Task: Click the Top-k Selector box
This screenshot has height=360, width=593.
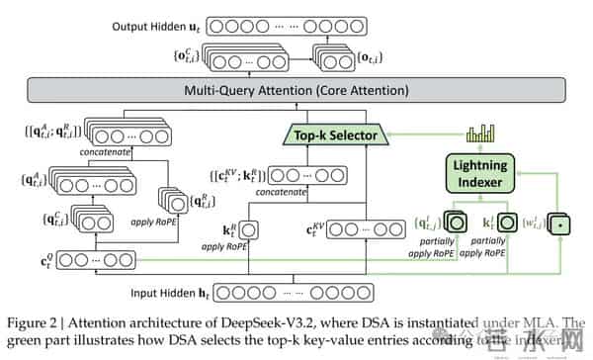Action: coord(331,134)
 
